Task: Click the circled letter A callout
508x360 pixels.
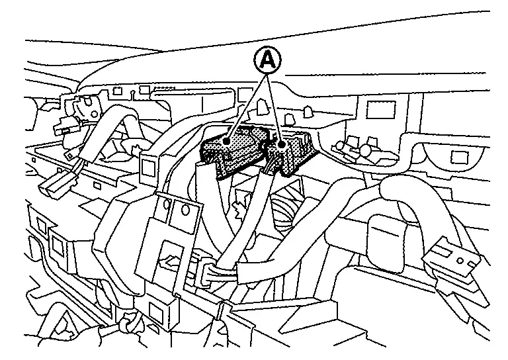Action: tap(267, 61)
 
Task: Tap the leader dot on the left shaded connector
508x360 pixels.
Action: tap(227, 141)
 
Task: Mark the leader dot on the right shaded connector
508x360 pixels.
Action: tap(282, 143)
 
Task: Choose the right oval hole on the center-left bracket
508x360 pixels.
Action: tap(185, 210)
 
